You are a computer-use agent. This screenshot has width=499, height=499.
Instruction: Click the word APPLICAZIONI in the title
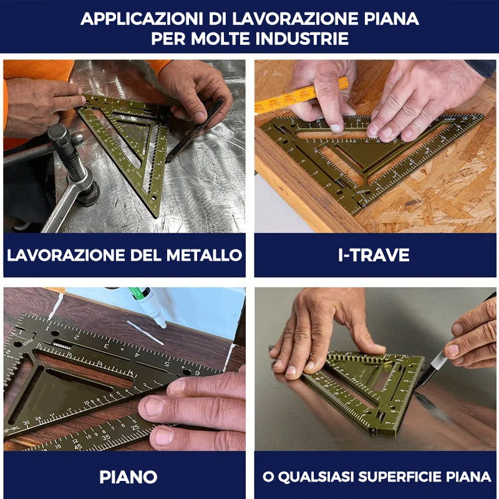click(142, 19)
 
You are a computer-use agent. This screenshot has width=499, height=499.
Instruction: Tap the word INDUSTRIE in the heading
click(302, 39)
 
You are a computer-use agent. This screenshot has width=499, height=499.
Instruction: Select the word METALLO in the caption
click(204, 255)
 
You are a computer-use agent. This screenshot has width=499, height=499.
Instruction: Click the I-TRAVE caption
click(374, 255)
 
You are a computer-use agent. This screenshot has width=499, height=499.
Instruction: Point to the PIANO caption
click(128, 477)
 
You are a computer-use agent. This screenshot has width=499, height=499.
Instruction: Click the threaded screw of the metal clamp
click(73, 165)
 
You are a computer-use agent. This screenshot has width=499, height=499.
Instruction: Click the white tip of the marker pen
click(163, 325)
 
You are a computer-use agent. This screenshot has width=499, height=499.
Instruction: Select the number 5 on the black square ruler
click(167, 364)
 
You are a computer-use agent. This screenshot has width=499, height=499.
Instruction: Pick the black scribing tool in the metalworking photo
click(195, 130)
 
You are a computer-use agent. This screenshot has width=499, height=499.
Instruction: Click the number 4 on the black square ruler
click(137, 354)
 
